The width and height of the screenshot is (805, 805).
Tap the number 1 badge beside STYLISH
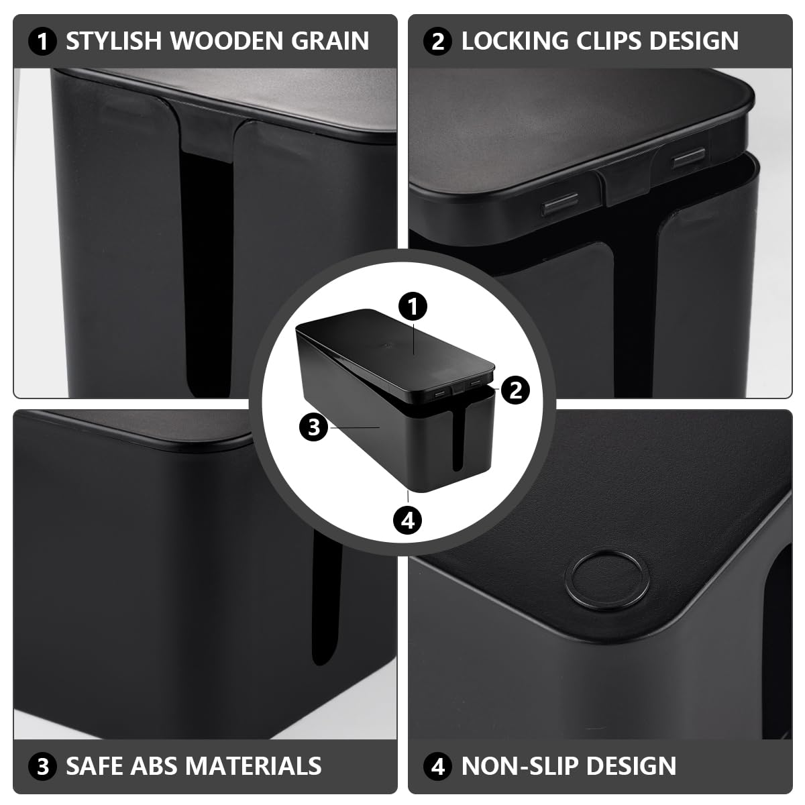click(43, 42)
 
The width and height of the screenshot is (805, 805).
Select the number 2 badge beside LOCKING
click(438, 42)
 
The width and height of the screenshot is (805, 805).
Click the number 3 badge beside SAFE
click(43, 766)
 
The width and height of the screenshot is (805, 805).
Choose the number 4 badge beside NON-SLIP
click(438, 766)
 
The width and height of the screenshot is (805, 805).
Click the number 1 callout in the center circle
click(413, 307)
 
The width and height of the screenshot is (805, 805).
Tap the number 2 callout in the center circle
click(515, 389)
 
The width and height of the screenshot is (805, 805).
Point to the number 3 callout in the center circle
click(314, 426)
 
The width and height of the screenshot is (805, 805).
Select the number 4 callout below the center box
click(408, 519)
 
